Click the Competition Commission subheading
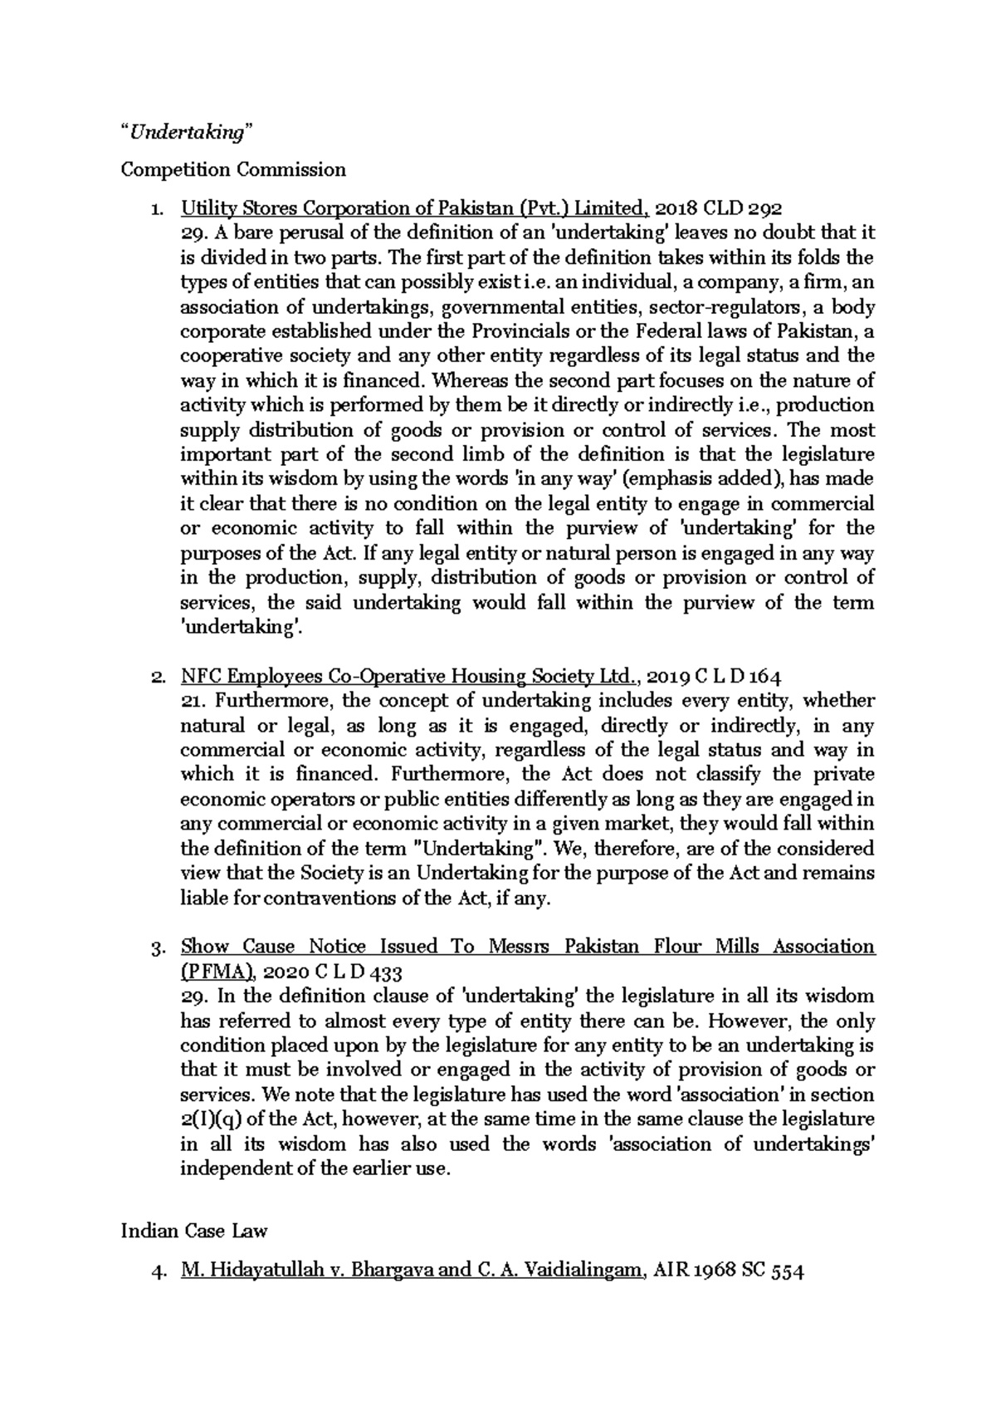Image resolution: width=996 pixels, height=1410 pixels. (233, 170)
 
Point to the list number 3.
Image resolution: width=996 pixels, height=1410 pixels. (158, 947)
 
